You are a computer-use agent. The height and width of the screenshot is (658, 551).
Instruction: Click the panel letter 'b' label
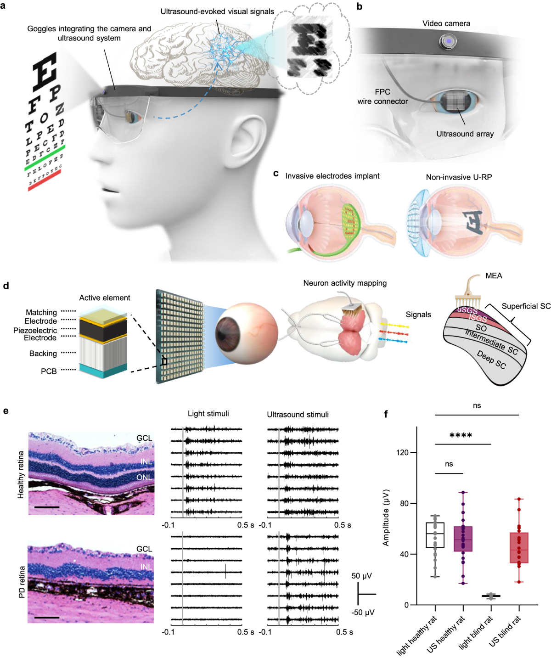tap(360, 7)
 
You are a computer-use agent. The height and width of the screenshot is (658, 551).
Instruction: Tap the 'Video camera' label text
tap(446, 23)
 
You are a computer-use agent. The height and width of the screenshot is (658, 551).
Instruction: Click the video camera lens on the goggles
tap(448, 42)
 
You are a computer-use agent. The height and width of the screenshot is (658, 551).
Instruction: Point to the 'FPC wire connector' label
tap(382, 96)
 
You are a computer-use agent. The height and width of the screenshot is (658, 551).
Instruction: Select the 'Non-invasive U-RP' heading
tap(459, 177)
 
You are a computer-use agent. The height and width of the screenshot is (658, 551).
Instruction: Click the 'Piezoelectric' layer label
tap(35, 330)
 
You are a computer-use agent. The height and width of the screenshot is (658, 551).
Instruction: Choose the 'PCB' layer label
tap(49, 371)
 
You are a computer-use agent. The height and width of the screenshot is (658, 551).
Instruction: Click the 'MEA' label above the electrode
tap(494, 276)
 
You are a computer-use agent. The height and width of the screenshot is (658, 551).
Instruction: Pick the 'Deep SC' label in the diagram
tap(491, 360)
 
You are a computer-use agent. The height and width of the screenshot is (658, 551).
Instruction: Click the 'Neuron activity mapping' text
tap(345, 283)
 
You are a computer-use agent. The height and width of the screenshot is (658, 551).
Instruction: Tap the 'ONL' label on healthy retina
tap(144, 478)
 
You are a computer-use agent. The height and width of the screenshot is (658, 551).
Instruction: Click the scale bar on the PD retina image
tap(46, 618)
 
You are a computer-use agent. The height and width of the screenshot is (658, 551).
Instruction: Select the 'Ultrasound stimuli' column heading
tap(298, 415)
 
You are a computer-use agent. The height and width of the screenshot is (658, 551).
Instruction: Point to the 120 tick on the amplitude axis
tap(413, 452)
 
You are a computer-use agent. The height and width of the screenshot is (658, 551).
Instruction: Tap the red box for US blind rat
tap(519, 548)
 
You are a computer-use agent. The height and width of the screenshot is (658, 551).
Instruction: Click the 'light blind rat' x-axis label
tap(476, 632)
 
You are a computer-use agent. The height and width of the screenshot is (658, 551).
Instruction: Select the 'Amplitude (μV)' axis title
tap(386, 517)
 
